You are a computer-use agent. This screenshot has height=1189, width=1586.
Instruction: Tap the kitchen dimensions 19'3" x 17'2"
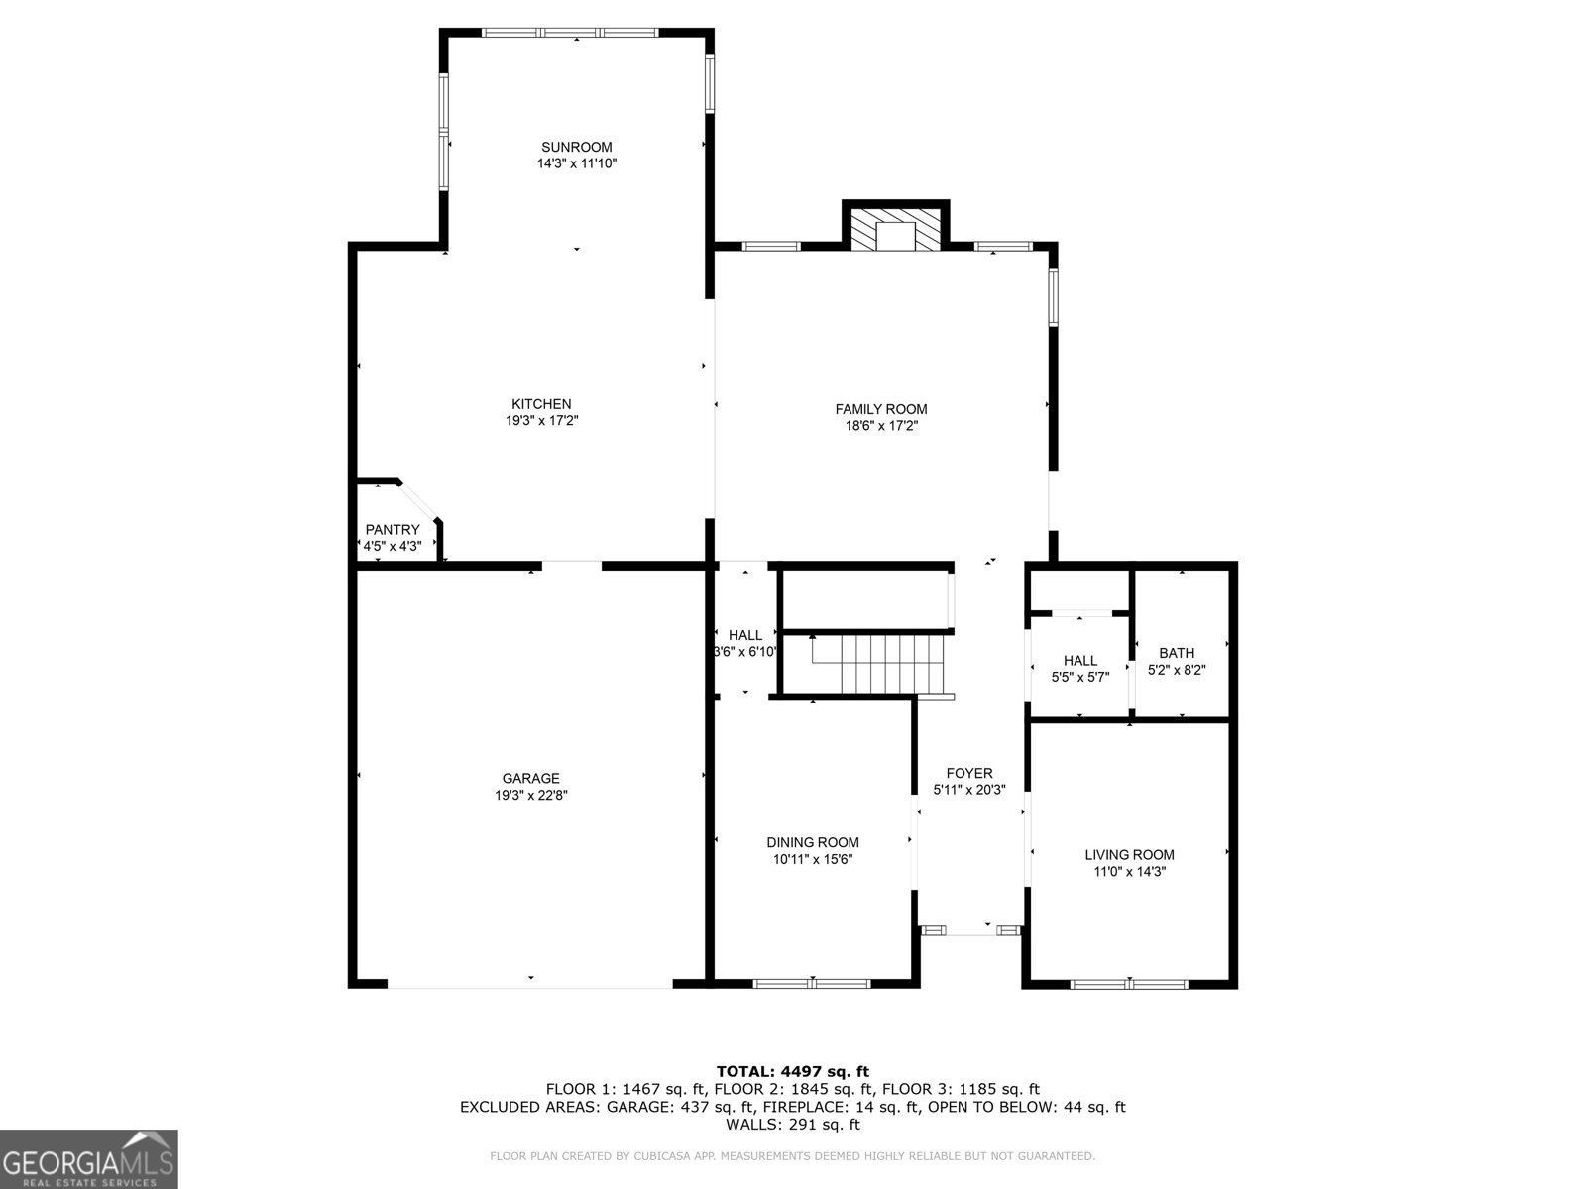(x=541, y=421)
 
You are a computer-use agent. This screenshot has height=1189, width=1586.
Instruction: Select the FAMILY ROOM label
(x=880, y=409)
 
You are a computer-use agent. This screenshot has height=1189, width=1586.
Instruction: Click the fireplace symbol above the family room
(x=896, y=228)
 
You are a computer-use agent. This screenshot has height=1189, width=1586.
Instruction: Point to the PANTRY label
(x=393, y=530)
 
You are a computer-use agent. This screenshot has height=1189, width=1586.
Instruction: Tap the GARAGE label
(x=530, y=779)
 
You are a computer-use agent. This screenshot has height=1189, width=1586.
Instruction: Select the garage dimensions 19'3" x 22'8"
(x=530, y=795)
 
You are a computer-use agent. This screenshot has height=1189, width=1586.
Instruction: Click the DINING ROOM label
(x=813, y=843)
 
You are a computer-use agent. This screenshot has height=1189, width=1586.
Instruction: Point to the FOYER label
(x=969, y=774)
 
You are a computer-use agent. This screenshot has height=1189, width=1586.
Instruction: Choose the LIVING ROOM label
(x=1129, y=855)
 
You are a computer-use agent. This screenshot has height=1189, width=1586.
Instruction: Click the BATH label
(x=1177, y=653)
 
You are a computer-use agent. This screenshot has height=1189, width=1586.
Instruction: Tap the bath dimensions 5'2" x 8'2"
(x=1177, y=670)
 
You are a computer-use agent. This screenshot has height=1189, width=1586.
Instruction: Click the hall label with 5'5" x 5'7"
(x=1079, y=661)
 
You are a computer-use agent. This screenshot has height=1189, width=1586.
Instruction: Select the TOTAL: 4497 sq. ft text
(x=792, y=1071)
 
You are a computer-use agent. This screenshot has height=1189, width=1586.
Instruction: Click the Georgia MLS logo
(x=88, y=1158)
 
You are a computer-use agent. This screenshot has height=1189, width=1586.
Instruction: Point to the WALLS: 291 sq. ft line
(x=792, y=1125)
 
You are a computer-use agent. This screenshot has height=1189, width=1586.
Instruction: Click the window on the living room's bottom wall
(x=1129, y=984)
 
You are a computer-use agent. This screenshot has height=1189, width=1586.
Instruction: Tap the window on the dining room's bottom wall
(x=812, y=984)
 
